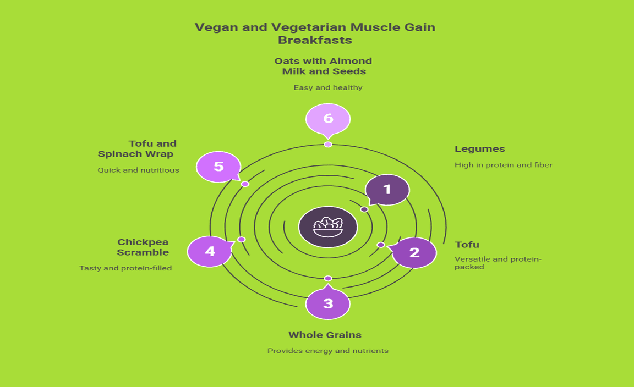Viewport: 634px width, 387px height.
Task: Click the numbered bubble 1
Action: coord(387,190)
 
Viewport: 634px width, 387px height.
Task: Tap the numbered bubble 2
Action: coord(414,252)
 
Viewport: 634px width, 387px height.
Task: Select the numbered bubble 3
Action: coord(328,303)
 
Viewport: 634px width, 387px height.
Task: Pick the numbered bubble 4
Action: coord(210,251)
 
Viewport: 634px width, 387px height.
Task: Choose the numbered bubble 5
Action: coord(218,166)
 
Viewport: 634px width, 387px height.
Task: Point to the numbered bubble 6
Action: coord(328,118)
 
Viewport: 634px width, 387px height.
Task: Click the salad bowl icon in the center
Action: coord(328,226)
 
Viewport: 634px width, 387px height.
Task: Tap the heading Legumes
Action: coord(479,149)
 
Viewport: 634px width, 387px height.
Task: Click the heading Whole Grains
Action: coord(325,335)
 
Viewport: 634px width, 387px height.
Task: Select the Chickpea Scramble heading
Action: coord(143,247)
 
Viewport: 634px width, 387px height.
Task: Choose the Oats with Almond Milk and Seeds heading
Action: coord(324,66)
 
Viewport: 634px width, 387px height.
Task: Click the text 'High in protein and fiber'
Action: coord(503,165)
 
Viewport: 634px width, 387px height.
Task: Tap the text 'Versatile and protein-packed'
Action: coord(498,263)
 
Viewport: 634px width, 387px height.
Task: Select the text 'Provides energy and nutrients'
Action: coord(327,351)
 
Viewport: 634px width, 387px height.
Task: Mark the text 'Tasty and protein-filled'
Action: coord(125,268)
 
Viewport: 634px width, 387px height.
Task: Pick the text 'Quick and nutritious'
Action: coord(138,170)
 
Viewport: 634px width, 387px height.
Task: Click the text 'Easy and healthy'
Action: coord(327,87)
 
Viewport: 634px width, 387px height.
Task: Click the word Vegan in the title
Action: coord(216,27)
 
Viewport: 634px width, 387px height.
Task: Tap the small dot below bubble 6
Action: coord(328,144)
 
